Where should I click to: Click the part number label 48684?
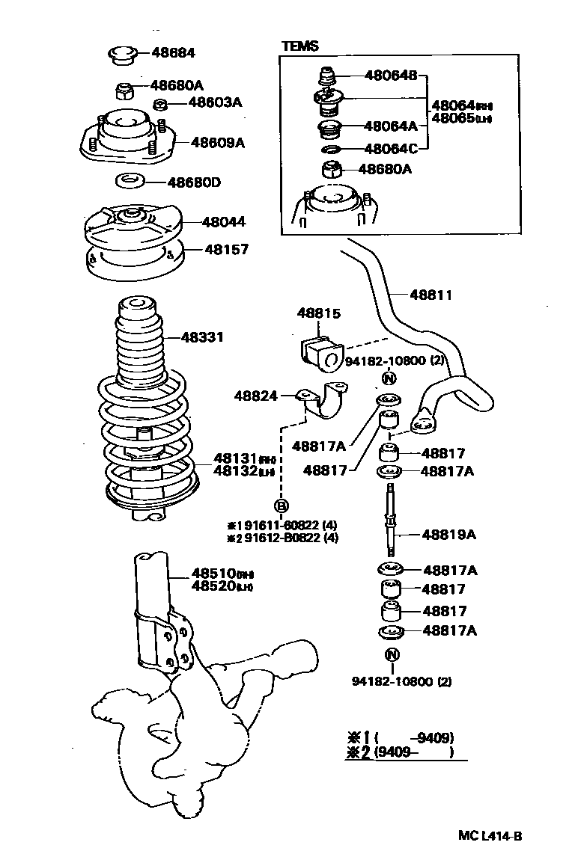coord(173,53)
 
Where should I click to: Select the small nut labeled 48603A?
coord(159,103)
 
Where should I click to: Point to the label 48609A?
coord(217,142)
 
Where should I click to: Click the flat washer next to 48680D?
coord(131,181)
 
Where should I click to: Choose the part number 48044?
coord(223,222)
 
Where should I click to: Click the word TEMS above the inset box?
coord(299,46)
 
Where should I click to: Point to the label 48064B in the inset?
coord(392,76)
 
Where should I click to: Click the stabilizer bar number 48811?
coord(431,295)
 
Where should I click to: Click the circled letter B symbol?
coord(282,506)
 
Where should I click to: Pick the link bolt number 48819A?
coord(449,535)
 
